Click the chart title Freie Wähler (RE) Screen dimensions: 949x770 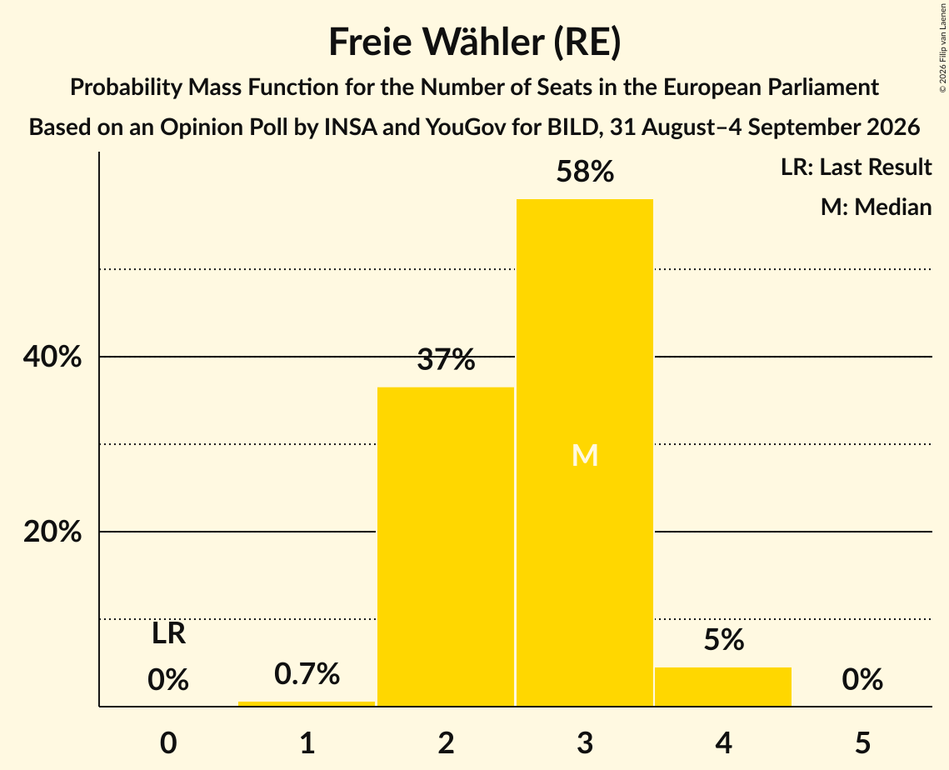(x=475, y=42)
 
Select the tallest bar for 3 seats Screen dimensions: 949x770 (x=585, y=452)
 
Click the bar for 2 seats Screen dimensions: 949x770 (x=446, y=546)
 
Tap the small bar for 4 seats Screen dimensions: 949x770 (x=723, y=687)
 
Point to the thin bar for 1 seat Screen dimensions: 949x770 (x=307, y=703)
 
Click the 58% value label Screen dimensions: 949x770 (x=585, y=172)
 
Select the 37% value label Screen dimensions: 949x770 (x=446, y=359)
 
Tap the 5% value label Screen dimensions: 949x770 (x=724, y=640)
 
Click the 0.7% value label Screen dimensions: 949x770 (x=307, y=673)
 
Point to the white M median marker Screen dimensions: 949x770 (x=585, y=455)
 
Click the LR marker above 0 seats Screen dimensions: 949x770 (x=168, y=634)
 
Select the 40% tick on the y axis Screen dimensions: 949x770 (x=52, y=357)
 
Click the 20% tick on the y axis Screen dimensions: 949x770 (x=52, y=532)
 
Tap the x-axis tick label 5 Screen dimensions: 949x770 (x=862, y=742)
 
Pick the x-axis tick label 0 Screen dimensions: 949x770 (x=168, y=742)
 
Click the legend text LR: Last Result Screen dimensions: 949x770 (x=856, y=167)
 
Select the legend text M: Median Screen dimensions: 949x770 (x=876, y=207)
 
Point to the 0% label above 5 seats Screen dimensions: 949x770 (x=862, y=679)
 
